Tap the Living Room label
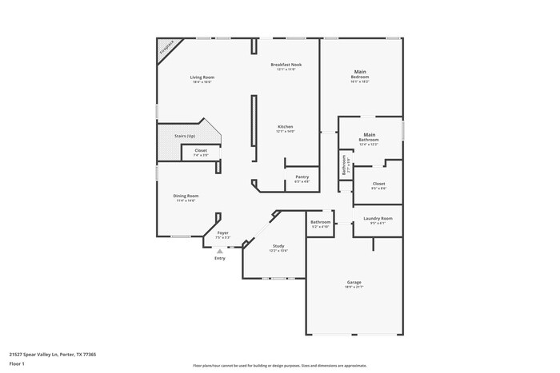tap(202, 77)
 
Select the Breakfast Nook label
tap(286, 65)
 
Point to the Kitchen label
tap(286, 127)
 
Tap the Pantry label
tap(302, 177)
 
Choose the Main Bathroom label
tap(369, 137)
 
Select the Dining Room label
tap(186, 196)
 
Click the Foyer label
tap(223, 233)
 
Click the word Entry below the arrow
tap(220, 258)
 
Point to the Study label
tap(278, 246)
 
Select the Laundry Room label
tap(378, 218)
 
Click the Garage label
tap(354, 282)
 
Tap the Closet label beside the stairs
tap(201, 150)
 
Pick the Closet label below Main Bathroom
tap(378, 184)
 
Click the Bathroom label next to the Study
tap(321, 222)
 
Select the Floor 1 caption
tap(18, 364)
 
